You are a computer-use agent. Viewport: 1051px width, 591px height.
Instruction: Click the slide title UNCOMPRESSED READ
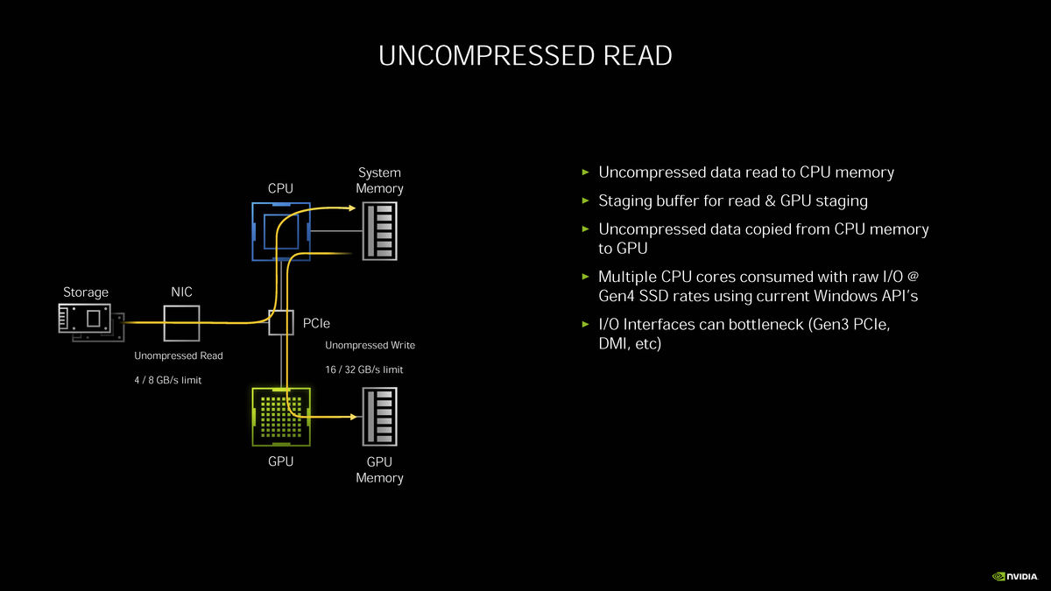pyautogui.click(x=525, y=56)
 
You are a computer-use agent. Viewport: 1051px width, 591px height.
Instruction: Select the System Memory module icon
pyautogui.click(x=379, y=231)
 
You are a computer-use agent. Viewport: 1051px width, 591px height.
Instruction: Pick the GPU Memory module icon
pyautogui.click(x=379, y=416)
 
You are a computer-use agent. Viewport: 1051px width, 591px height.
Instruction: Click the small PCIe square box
pyautogui.click(x=280, y=323)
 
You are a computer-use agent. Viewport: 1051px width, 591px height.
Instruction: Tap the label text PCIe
pyautogui.click(x=316, y=324)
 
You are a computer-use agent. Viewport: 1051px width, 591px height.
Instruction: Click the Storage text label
pyautogui.click(x=86, y=292)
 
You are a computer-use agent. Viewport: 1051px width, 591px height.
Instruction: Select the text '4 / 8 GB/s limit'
pyautogui.click(x=168, y=380)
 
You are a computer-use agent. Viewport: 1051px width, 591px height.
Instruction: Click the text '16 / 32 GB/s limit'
pyautogui.click(x=364, y=369)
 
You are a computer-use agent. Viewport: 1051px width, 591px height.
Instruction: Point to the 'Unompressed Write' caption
pyautogui.click(x=370, y=345)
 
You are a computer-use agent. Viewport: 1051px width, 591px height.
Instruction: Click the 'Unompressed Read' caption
pyautogui.click(x=179, y=356)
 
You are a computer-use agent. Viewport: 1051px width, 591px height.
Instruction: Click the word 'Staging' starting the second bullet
pyautogui.click(x=625, y=201)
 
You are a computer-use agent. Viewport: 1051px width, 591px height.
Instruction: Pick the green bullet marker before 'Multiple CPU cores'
pyautogui.click(x=587, y=277)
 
